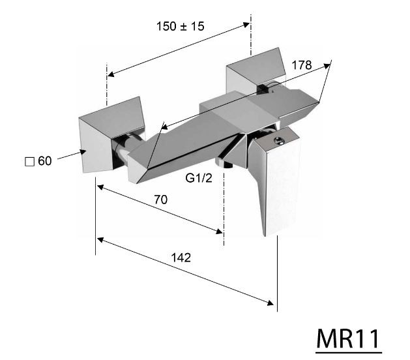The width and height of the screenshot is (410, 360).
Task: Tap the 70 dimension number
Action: [x=160, y=200]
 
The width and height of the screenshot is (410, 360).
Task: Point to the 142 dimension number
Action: [x=181, y=257]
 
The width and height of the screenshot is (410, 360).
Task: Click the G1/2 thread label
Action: [x=198, y=177]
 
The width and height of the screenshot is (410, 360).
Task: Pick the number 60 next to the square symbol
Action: [x=44, y=161]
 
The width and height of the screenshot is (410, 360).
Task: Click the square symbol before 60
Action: [x=28, y=161]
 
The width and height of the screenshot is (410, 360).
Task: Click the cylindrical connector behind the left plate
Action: [x=123, y=154]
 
